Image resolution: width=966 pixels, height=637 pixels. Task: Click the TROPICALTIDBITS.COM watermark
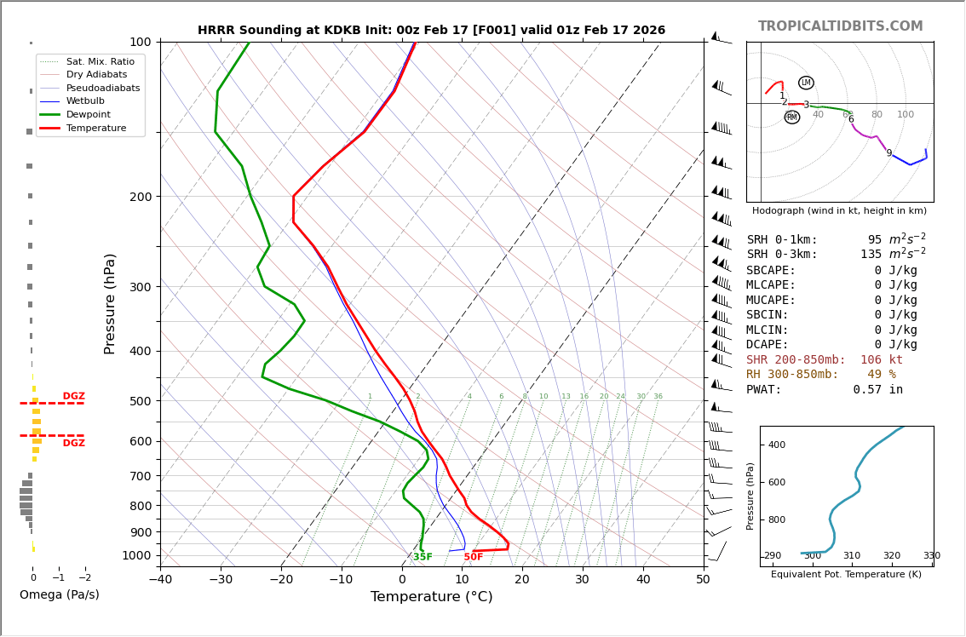[x=840, y=26]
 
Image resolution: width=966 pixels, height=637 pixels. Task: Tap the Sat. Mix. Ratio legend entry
[x=100, y=61]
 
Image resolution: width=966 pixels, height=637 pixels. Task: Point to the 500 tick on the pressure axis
[x=141, y=401]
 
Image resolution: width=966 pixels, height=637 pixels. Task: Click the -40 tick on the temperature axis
[x=160, y=581]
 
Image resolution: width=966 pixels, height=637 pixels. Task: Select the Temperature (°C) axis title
[x=431, y=597]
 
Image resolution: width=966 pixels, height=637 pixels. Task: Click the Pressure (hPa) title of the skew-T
[x=111, y=303]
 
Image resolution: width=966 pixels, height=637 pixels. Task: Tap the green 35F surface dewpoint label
[x=423, y=557]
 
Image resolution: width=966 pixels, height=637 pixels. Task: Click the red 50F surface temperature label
[x=474, y=557]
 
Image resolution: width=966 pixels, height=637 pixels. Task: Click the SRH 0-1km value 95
[x=875, y=240]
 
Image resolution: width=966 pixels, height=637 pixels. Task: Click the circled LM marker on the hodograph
[x=806, y=83]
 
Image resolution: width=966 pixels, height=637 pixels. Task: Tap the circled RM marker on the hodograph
[x=792, y=117]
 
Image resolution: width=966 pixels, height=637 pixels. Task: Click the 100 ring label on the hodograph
[x=905, y=115]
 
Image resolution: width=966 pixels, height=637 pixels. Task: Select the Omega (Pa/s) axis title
[x=60, y=594]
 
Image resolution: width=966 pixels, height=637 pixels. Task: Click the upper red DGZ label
[x=73, y=396]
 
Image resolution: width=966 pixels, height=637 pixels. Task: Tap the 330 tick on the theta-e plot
[x=931, y=556]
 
